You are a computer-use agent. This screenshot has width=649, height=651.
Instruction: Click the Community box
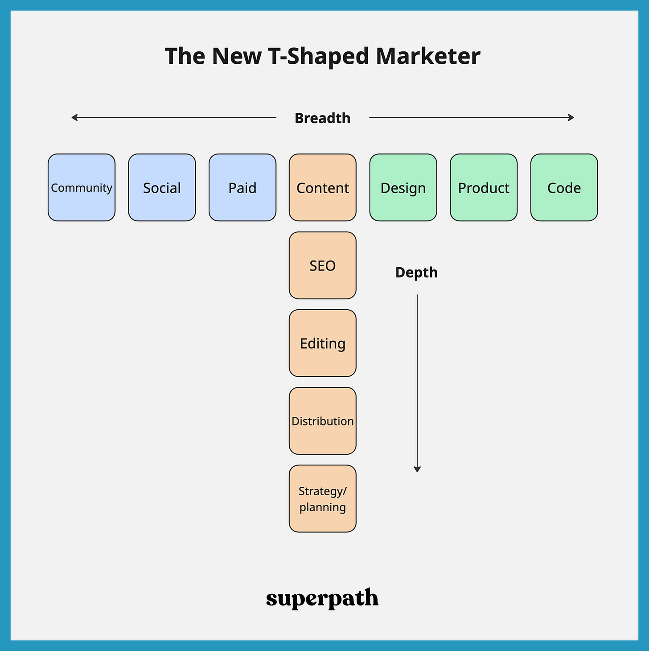point(82,187)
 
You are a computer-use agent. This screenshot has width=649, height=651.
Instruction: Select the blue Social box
point(162,187)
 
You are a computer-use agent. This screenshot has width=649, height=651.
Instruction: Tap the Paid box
point(242,187)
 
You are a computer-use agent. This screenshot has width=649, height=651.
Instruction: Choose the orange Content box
point(323,187)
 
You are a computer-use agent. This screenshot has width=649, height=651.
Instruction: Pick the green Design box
point(403,187)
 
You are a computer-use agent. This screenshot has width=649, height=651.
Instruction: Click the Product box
point(484,187)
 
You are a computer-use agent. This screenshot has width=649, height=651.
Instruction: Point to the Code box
point(564,187)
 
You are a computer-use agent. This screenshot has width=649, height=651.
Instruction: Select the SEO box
point(323,265)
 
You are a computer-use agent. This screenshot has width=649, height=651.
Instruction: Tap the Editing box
point(323,343)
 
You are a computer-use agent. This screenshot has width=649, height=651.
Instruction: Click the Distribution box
point(323,421)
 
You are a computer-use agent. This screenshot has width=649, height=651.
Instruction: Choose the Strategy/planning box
point(323,499)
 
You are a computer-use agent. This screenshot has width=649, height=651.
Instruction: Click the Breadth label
point(322,118)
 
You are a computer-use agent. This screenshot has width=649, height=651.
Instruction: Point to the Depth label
point(416,273)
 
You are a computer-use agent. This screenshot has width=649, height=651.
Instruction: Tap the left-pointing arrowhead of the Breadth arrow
point(74,117)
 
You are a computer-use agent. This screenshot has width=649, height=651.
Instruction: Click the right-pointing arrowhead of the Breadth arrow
point(571,117)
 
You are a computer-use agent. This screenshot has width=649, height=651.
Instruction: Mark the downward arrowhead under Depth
point(417,469)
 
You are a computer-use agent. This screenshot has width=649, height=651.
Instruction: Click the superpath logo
point(322,598)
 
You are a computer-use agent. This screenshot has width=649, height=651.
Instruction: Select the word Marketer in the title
point(428,56)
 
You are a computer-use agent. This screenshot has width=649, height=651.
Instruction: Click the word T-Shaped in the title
point(318,56)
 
